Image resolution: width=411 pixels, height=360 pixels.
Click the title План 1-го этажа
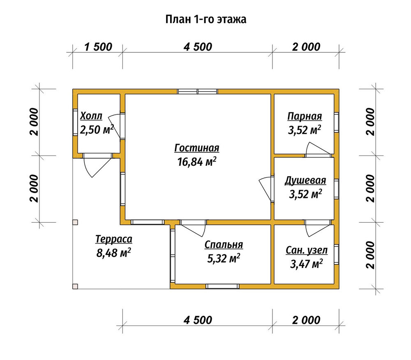pos(206,19)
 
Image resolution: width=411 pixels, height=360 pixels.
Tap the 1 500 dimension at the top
pos(98,47)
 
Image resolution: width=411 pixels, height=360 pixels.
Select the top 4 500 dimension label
pos(198,47)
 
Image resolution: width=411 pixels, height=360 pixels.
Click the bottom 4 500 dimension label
pos(198,320)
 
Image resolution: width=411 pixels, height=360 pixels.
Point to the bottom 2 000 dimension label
pos(306,320)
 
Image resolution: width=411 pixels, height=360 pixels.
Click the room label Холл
pos(91,116)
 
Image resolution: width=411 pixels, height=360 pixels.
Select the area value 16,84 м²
pos(196,161)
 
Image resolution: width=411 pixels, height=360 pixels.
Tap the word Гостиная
pos(196,148)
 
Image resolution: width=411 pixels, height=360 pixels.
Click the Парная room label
pos(305,116)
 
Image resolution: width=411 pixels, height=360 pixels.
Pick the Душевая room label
pos(305,181)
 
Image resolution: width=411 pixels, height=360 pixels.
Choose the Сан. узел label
pos(307,250)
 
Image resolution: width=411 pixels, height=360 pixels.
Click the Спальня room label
pos(224,245)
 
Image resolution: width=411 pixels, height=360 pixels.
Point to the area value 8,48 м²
pos(114,253)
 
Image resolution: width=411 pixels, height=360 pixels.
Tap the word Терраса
pos(114,239)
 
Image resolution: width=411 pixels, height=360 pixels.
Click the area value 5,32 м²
pos(224,259)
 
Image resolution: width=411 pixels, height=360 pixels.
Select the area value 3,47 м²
pos(306,264)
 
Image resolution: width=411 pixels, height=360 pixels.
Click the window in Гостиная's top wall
pos(197,91)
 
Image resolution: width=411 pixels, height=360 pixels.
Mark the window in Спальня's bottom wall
pos(222,286)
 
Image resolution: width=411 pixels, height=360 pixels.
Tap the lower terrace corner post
pos(75,286)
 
